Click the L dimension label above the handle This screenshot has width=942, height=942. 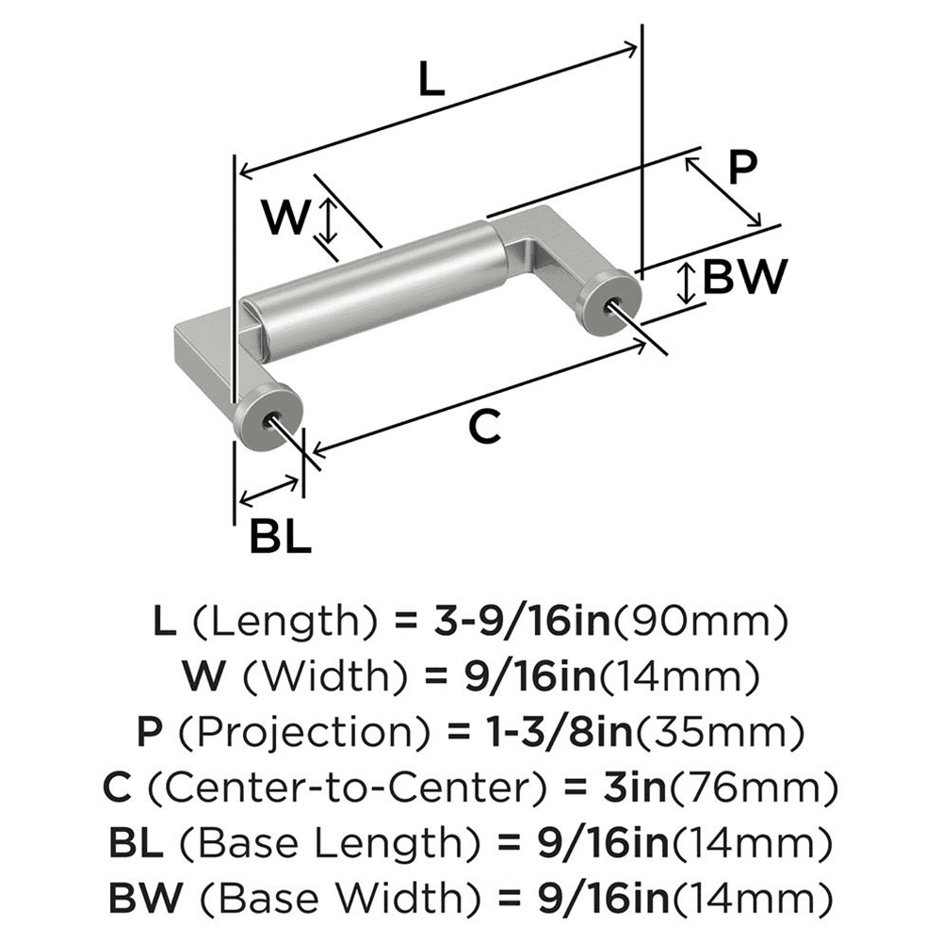(430, 81)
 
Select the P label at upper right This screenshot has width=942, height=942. (743, 170)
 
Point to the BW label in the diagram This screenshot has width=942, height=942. (744, 278)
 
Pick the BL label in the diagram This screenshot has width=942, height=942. (280, 538)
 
